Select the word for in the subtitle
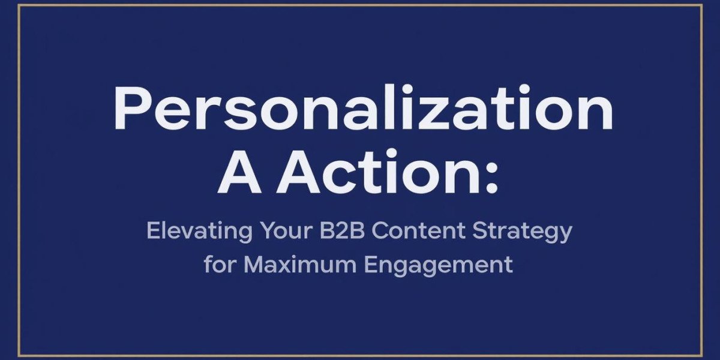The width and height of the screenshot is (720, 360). tap(220, 264)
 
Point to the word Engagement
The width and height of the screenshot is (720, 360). tap(444, 265)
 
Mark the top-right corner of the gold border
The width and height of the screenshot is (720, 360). tap(702, 5)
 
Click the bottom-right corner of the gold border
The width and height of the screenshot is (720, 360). tap(702, 355)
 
